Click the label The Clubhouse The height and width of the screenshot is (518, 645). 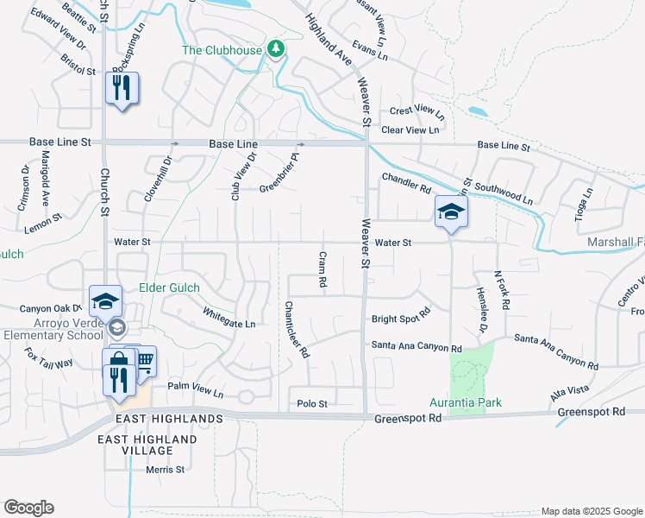(x=221, y=49)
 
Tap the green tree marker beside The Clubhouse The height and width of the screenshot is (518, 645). (x=276, y=48)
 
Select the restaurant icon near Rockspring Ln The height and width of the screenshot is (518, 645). (x=122, y=88)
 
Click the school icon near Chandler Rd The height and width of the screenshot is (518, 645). (x=451, y=212)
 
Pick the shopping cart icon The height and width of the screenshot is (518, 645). (x=144, y=360)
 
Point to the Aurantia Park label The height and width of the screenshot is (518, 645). (x=466, y=403)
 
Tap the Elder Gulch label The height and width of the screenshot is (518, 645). (x=170, y=287)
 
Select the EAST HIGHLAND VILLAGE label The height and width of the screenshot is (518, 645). (x=147, y=445)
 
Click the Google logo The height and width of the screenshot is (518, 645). (x=28, y=508)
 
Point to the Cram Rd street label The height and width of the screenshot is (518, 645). (x=322, y=269)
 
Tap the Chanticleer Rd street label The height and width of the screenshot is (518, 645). (x=297, y=330)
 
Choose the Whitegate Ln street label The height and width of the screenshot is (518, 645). (x=229, y=318)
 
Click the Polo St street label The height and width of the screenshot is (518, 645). (x=312, y=403)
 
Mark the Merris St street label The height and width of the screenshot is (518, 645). (x=166, y=470)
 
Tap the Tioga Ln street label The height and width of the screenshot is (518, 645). (x=586, y=204)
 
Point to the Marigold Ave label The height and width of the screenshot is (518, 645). (x=46, y=180)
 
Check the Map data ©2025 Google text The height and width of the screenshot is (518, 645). (x=591, y=511)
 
